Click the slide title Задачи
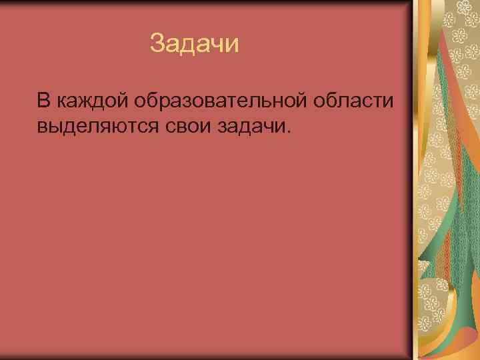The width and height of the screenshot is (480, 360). [194, 44]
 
